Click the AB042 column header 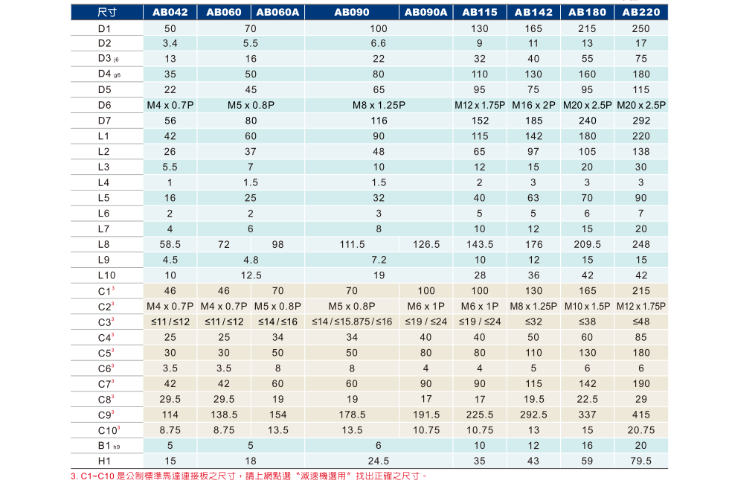tap(170, 13)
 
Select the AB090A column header tap(426, 13)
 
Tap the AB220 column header tap(640, 13)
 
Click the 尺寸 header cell tap(107, 13)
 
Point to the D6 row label tap(104, 105)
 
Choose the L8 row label tap(103, 244)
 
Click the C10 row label tap(108, 430)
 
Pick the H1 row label tap(103, 461)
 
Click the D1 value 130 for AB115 tap(480, 28)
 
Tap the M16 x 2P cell tap(533, 105)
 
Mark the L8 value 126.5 tap(426, 244)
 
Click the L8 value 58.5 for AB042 tap(170, 244)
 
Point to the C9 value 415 tap(640, 415)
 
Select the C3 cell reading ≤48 tap(640, 322)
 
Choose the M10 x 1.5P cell tap(587, 306)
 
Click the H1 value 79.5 tap(640, 461)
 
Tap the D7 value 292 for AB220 tap(640, 121)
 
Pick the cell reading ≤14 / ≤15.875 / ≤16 tap(352, 322)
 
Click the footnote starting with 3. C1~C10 tap(250, 476)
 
